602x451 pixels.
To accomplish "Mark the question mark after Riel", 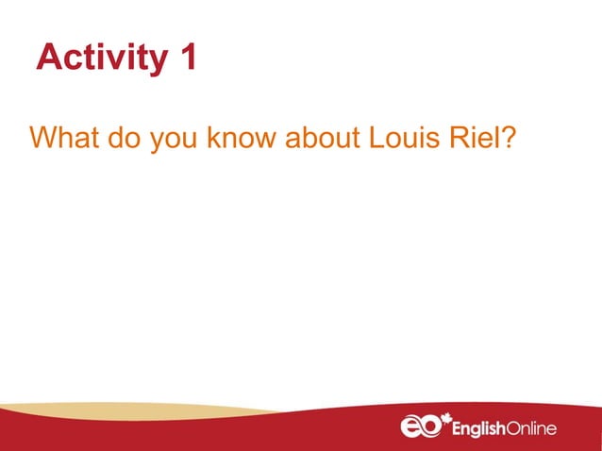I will tap(507, 139).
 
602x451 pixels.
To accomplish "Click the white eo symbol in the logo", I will tap(419, 427).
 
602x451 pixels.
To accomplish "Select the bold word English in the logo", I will tap(482, 429).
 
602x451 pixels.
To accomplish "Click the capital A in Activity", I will tap(48, 58).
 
